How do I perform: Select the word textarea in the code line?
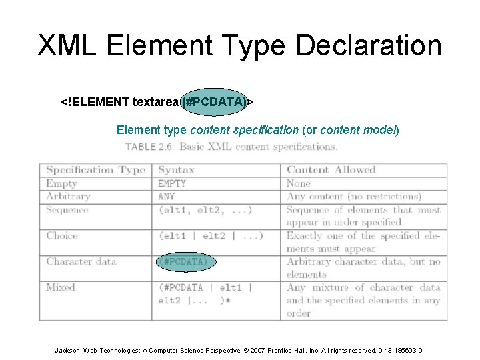point(155,102)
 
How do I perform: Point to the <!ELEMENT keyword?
point(95,102)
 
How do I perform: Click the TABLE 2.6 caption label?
point(149,147)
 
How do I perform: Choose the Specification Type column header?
point(95,170)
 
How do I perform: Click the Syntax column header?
point(176,170)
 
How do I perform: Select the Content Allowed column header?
point(331,170)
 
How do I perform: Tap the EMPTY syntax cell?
point(172,183)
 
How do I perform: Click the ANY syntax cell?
point(167,197)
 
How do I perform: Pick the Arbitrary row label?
point(68,197)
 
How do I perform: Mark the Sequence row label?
point(67,210)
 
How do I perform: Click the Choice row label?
point(62,236)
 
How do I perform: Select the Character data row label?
point(81,261)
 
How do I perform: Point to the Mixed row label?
point(61,287)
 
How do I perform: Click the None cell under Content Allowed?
point(299,183)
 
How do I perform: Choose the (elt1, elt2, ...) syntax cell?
point(205,210)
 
